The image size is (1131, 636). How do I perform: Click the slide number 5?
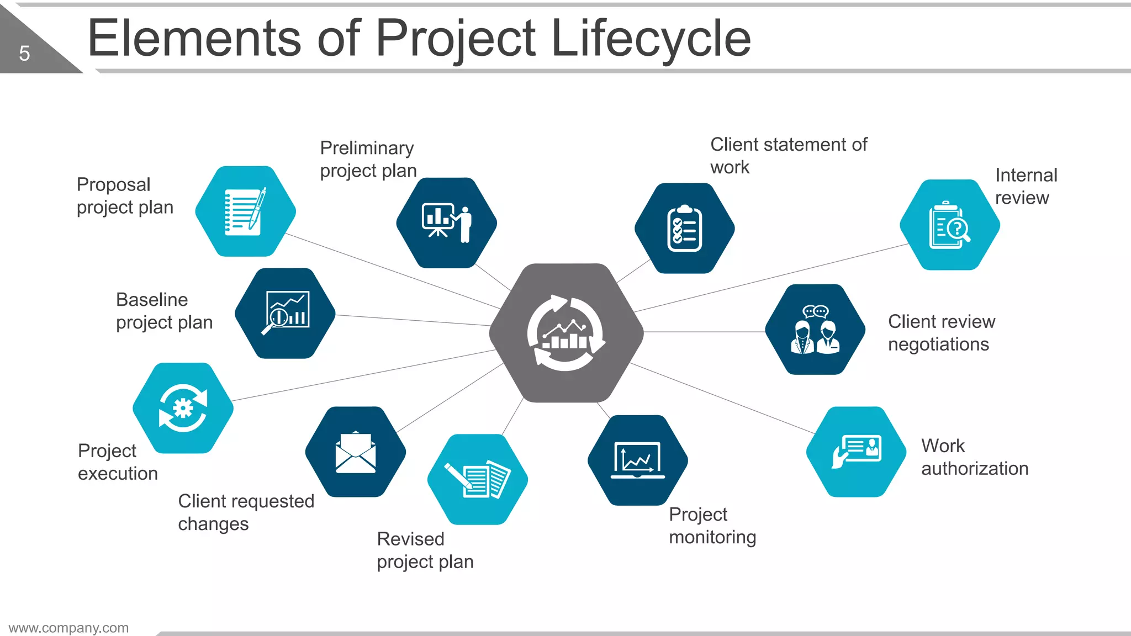point(24,54)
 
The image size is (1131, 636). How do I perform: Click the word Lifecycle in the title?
point(651,39)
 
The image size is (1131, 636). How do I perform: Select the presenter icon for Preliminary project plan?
point(446,222)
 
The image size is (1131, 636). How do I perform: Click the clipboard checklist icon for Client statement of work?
point(685,229)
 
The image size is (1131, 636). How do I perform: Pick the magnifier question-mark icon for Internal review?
point(949,225)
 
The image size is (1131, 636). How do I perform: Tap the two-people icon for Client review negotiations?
point(815,330)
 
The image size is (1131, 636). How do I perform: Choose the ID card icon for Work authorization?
point(857,452)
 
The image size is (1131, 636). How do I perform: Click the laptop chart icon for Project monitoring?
point(638,460)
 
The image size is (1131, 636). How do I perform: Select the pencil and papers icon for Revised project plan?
point(478,479)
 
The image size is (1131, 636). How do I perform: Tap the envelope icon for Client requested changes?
point(356,452)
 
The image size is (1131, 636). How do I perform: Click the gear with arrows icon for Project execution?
point(183,408)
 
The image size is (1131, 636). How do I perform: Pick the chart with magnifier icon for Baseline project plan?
point(286,313)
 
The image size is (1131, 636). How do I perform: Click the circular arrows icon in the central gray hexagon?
point(566,333)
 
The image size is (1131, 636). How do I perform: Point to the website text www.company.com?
point(68,628)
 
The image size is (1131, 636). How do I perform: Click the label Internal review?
point(1026,187)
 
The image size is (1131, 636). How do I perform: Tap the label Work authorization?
point(974,457)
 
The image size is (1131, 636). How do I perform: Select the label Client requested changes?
point(246,512)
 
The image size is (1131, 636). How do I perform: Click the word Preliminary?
point(367,148)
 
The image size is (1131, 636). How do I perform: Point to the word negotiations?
point(938,344)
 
